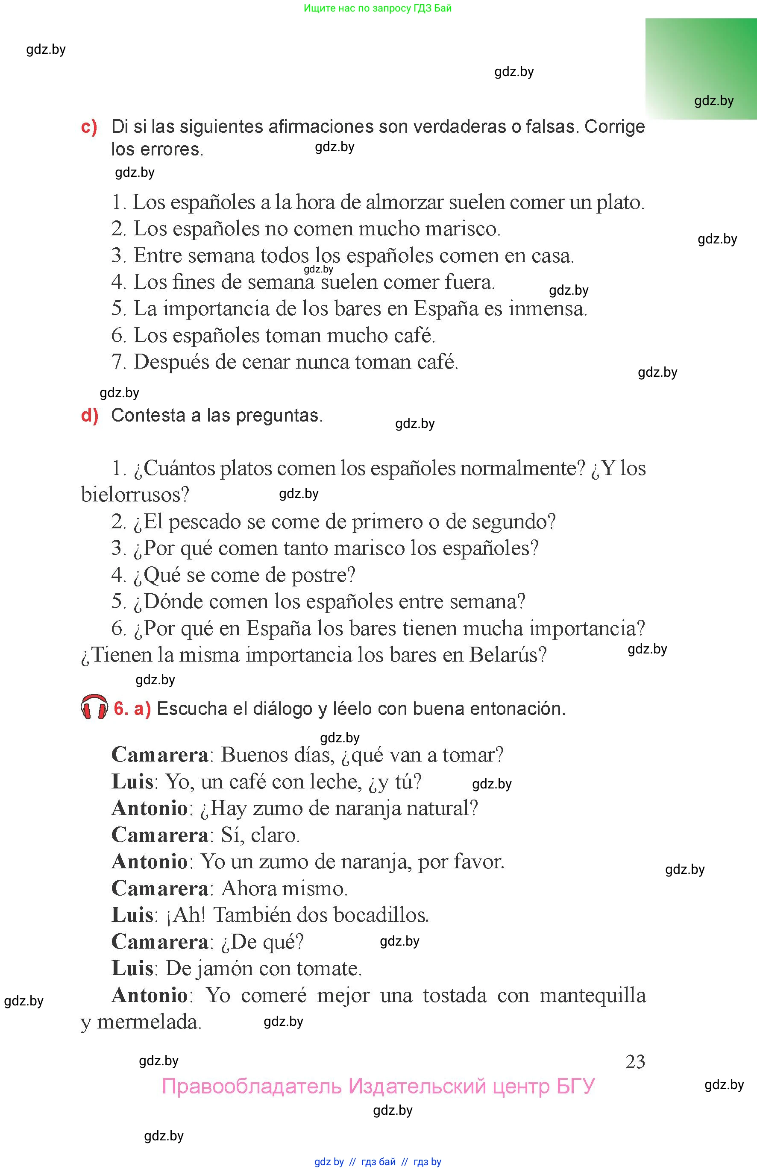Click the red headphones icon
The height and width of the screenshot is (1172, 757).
[94, 707]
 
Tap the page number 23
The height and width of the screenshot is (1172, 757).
[635, 1062]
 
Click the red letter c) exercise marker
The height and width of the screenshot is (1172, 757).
[89, 127]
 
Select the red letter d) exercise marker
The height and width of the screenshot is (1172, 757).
[89, 416]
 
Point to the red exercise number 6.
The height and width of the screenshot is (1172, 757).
[121, 708]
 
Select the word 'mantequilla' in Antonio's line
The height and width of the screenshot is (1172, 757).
[593, 996]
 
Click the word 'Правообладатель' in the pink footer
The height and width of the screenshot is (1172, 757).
[251, 1087]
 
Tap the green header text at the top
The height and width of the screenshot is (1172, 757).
[378, 9]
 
